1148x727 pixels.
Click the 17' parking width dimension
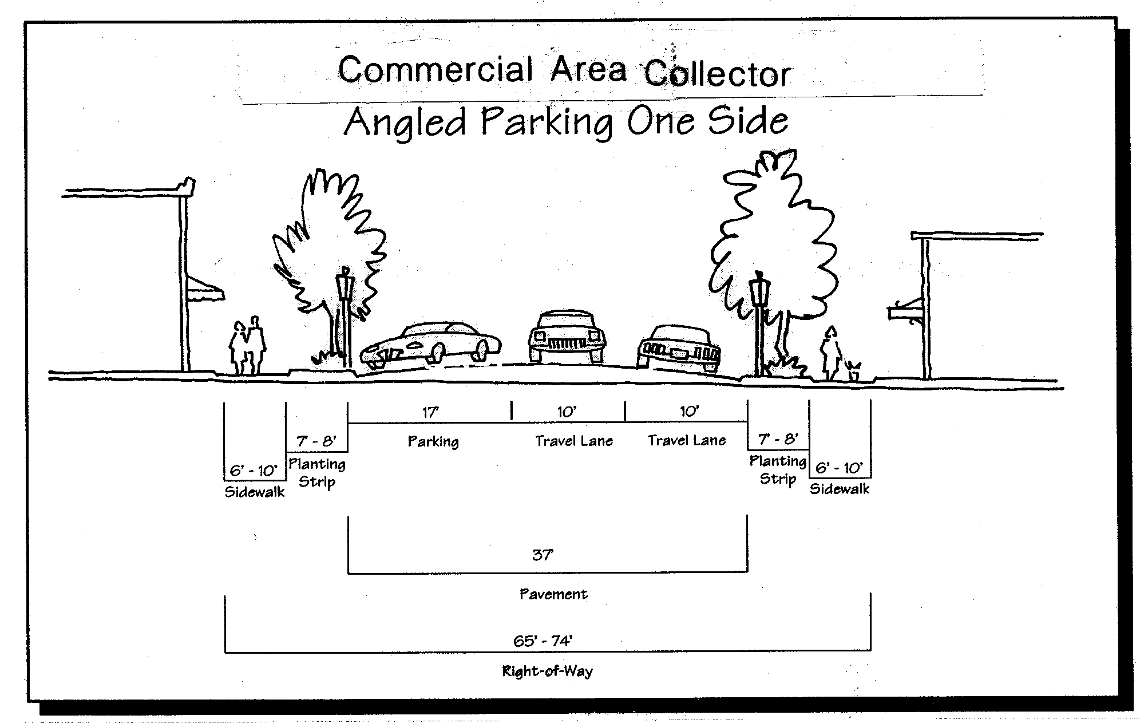430,412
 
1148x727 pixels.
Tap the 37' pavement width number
543,555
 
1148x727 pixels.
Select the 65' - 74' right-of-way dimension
543,641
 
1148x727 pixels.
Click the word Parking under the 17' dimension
433,441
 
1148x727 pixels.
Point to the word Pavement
553,594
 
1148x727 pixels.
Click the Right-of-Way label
547,671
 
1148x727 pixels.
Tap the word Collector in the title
718,74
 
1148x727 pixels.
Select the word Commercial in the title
436,70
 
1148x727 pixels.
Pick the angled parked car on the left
430,345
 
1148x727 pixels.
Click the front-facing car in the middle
566,338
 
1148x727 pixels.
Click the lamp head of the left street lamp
346,284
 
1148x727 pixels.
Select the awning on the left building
205,289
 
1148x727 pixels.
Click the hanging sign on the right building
904,313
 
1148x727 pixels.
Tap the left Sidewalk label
254,492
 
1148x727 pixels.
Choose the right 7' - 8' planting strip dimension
778,440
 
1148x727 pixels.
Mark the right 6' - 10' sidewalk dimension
839,468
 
